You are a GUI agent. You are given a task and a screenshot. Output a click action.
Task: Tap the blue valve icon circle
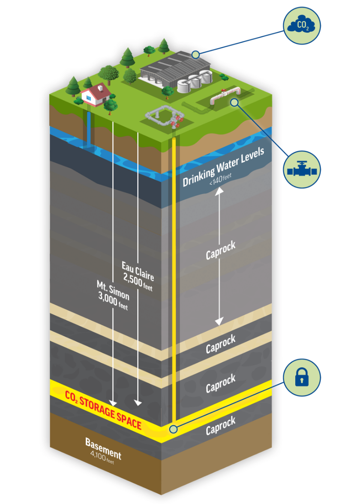click(x=302, y=170)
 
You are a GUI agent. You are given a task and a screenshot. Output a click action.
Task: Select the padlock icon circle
click(x=302, y=377)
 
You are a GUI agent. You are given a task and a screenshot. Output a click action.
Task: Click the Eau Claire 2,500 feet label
click(x=138, y=276)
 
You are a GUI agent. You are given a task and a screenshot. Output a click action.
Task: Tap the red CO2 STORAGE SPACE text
click(x=103, y=409)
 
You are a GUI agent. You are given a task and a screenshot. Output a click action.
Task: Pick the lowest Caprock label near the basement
click(x=220, y=426)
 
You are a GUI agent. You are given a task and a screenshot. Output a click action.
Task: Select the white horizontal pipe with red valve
click(x=225, y=96)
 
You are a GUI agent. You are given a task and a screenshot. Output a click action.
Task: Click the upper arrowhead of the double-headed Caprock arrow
click(x=219, y=191)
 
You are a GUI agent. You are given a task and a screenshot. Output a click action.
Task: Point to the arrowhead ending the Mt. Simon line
click(x=113, y=403)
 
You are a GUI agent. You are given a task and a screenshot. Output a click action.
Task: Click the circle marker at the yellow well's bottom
click(x=173, y=429)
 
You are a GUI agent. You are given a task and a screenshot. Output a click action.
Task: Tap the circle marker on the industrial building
click(x=195, y=54)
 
